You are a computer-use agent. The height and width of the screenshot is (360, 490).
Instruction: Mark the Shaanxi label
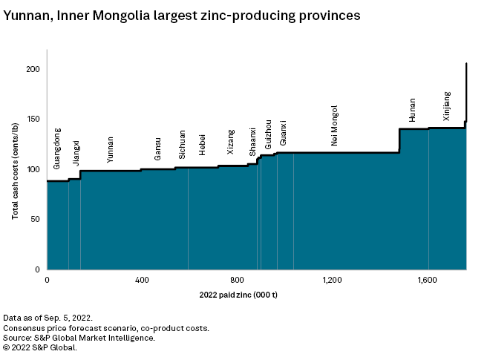tap(253, 141)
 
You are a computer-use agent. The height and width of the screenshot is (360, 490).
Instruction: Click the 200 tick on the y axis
tap(33, 69)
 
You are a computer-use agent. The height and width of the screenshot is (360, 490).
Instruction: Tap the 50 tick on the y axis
tap(35, 220)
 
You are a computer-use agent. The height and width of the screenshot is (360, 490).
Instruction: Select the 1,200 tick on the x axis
tap(332, 280)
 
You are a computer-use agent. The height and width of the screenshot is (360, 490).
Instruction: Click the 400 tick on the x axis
tap(142, 280)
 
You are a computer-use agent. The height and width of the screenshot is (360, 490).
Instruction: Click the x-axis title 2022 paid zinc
tap(238, 295)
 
